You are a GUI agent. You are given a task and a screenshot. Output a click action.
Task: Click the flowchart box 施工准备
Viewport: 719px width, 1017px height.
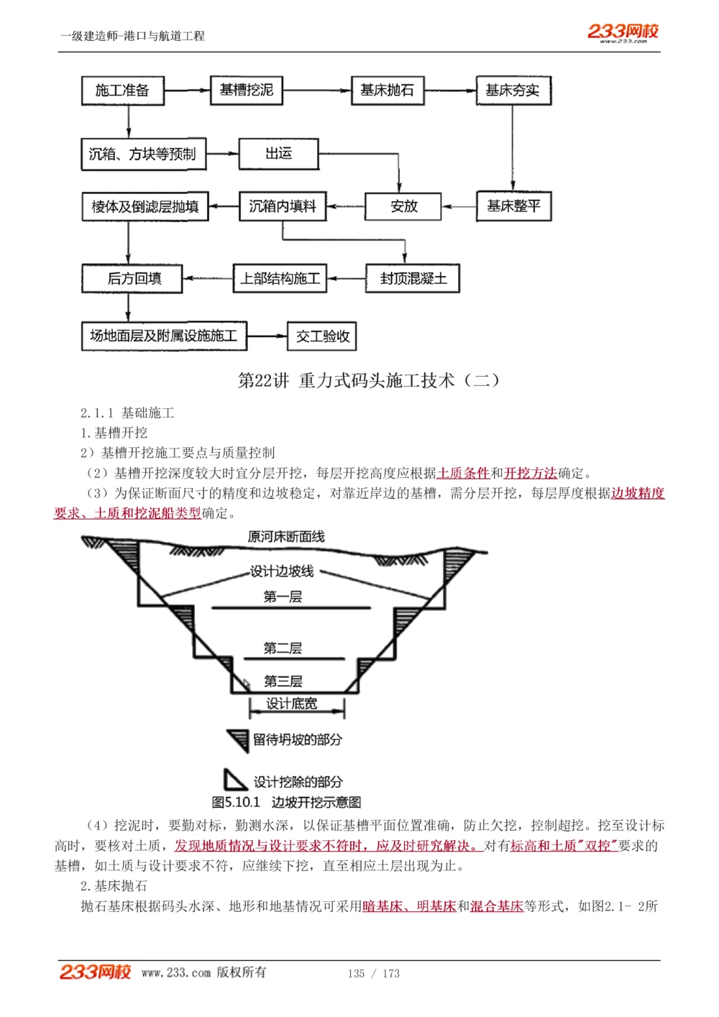click(x=122, y=91)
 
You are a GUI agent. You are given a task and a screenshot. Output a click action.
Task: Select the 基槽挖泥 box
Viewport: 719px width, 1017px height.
click(x=246, y=90)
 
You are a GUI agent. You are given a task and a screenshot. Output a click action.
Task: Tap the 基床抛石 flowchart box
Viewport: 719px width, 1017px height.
click(x=387, y=90)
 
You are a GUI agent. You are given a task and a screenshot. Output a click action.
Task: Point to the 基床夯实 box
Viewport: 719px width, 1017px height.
click(x=513, y=91)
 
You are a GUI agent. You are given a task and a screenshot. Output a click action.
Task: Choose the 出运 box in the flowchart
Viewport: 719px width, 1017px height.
click(x=278, y=154)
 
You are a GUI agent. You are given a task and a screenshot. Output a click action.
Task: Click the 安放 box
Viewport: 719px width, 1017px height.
click(x=403, y=206)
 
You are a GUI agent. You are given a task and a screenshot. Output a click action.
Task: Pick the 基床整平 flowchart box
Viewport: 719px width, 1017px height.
click(x=513, y=206)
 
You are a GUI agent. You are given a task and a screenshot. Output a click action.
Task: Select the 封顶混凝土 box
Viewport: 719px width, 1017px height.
click(x=413, y=278)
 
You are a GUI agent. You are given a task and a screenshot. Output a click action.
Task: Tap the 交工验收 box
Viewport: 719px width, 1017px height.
click(x=323, y=336)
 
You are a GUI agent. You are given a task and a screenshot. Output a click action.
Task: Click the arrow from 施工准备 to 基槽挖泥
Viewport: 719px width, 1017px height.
click(x=187, y=91)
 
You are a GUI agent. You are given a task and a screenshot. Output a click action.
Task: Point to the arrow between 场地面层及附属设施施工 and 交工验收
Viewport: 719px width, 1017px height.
click(x=267, y=336)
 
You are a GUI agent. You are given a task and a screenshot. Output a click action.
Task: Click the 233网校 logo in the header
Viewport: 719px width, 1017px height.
click(x=623, y=32)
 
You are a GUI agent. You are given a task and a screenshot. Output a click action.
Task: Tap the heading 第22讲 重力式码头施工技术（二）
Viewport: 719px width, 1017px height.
click(x=368, y=380)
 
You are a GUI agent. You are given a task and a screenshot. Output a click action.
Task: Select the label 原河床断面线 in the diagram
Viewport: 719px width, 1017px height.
click(x=286, y=537)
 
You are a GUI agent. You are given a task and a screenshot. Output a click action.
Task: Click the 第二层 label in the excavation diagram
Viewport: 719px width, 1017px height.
click(x=283, y=648)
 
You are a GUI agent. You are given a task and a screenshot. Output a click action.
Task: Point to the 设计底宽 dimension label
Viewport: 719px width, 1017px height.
click(x=291, y=704)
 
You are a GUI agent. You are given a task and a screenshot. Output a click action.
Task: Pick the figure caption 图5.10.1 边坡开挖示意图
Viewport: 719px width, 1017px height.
click(x=286, y=802)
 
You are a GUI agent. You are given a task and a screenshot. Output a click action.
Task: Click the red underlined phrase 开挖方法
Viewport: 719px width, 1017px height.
click(x=531, y=473)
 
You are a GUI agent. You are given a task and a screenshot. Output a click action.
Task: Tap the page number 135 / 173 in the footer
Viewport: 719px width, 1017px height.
click(x=373, y=973)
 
